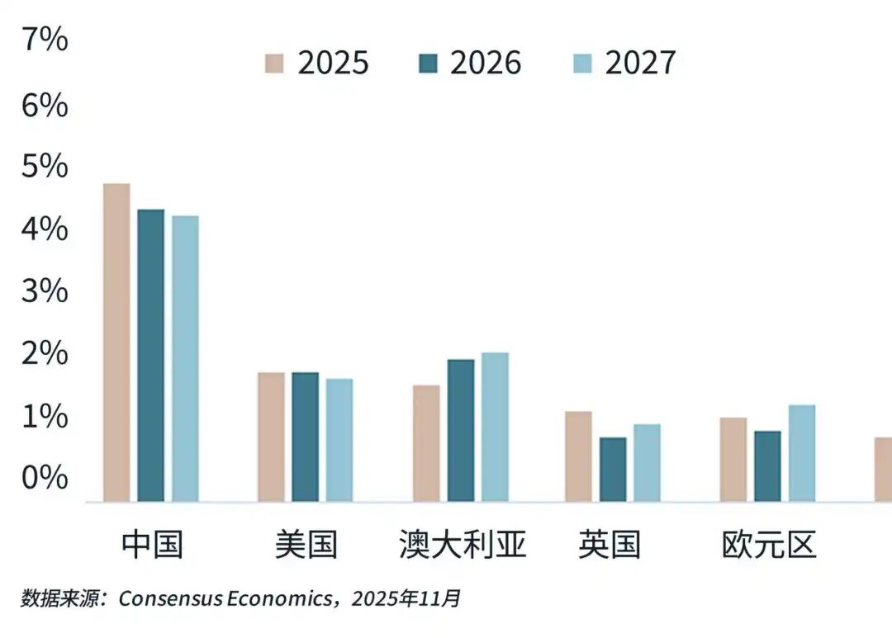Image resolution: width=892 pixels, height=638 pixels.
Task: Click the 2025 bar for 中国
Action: pyautogui.click(x=116, y=343)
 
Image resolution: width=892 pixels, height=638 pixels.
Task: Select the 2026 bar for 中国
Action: pyautogui.click(x=150, y=356)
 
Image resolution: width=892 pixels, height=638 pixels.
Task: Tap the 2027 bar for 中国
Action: pyautogui.click(x=185, y=359)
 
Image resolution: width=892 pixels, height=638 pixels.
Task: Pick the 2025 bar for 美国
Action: pyautogui.click(x=271, y=437)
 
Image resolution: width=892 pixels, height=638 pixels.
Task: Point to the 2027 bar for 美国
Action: pyautogui.click(x=339, y=441)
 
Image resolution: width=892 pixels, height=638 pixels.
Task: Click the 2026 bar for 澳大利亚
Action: pyautogui.click(x=461, y=431)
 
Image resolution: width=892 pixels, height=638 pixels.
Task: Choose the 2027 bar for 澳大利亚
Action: pyautogui.click(x=496, y=428)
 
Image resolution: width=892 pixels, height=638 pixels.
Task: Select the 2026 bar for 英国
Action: pyautogui.click(x=613, y=470)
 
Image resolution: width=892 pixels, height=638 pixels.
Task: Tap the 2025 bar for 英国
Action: pyautogui.click(x=578, y=456)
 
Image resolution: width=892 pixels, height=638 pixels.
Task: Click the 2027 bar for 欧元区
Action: pyautogui.click(x=802, y=453)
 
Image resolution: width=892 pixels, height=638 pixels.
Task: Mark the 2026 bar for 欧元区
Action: pyautogui.click(x=767, y=466)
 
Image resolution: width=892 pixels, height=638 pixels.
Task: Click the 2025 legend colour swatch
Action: pyautogui.click(x=274, y=64)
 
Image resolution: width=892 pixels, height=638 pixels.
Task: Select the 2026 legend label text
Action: pyautogui.click(x=486, y=64)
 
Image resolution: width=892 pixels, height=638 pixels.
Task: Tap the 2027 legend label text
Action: pyautogui.click(x=640, y=64)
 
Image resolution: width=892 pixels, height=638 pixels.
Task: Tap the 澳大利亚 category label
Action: pyautogui.click(x=463, y=546)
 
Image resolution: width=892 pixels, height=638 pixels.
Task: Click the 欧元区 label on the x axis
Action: pyautogui.click(x=769, y=546)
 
